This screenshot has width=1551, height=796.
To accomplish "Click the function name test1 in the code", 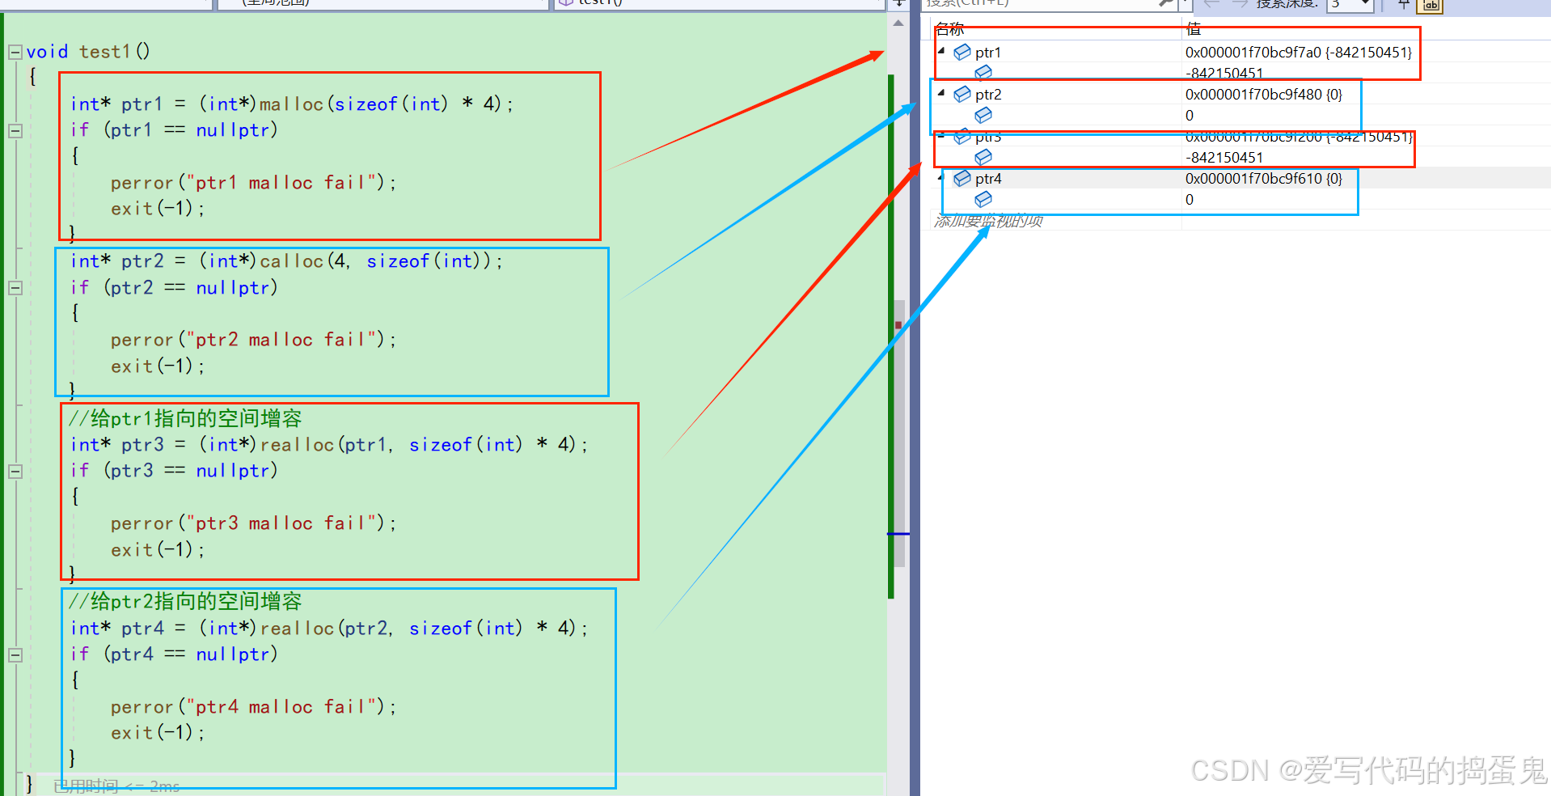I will coord(104,52).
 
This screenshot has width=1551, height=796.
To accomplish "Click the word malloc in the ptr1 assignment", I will coord(291,104).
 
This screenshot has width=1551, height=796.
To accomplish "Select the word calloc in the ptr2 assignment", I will coord(291,261).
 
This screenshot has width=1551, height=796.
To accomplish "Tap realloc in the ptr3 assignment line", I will coord(297,445).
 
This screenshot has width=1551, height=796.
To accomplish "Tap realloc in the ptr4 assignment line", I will coord(297,629).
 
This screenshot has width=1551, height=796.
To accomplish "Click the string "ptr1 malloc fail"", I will coord(285,183).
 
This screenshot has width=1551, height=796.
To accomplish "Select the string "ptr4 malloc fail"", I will coord(285,707).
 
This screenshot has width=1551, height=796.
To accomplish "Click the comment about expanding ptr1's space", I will coord(185,418).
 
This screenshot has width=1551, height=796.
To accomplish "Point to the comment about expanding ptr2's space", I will coord(185,601).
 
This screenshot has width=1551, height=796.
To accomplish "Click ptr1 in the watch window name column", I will coord(987,53).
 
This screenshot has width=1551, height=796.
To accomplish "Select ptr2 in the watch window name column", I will coord(987,95).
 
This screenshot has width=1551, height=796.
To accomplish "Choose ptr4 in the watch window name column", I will coord(987,179).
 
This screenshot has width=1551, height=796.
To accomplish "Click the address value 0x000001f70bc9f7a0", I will coord(1253,53).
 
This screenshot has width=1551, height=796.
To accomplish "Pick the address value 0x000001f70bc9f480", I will coord(1253,95).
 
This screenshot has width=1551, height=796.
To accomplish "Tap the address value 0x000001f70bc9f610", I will coord(1253,179).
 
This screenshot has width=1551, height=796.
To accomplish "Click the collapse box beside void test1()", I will coord(15,53).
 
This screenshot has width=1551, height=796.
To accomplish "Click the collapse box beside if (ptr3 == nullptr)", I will coord(15,471).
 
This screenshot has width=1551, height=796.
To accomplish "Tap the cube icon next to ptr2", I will coord(962,95).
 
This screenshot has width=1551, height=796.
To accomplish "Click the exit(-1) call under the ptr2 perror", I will coord(157,366).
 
